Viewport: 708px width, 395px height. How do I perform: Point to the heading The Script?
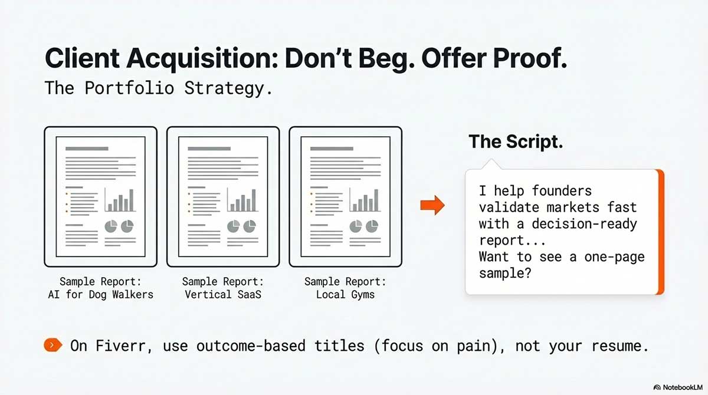coord(515,141)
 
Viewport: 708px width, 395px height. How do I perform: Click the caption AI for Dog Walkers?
coord(100,294)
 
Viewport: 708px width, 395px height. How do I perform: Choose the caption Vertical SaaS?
coord(222,294)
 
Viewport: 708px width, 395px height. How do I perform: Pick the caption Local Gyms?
coord(345,294)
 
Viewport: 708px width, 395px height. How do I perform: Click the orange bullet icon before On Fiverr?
coord(53,345)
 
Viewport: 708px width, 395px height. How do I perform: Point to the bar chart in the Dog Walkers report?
coord(120,201)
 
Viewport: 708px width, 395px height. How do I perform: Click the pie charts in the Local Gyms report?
coord(364,226)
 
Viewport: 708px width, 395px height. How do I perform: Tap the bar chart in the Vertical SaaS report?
coord(242,201)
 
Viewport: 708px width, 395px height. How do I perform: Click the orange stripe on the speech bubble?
coord(661,232)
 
